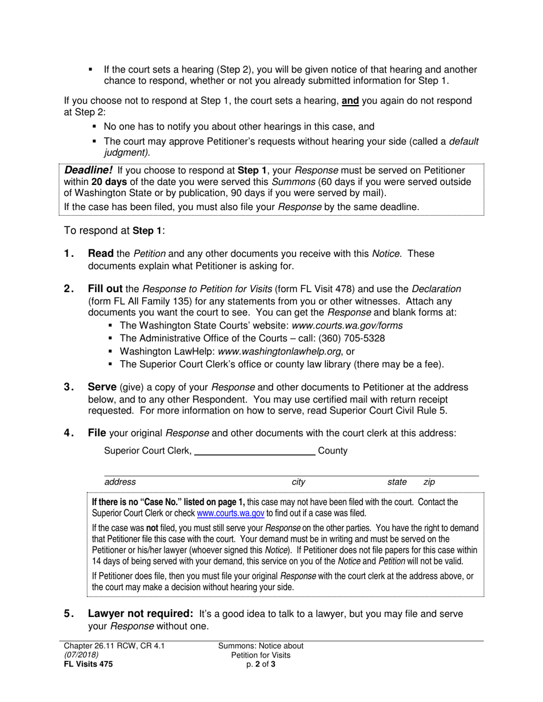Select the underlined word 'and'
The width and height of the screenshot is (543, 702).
350,101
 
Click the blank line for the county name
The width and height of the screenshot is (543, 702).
255,451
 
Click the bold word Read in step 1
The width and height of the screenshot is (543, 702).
101,253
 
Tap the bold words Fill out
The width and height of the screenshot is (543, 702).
105,289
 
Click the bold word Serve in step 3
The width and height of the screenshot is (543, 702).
102,388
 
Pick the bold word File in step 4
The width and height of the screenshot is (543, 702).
97,433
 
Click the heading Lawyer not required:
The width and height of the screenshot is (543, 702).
141,614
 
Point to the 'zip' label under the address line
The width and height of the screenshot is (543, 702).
429,482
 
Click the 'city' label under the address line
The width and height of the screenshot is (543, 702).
298,482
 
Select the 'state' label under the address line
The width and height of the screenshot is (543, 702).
397,482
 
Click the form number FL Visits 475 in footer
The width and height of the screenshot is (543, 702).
88,664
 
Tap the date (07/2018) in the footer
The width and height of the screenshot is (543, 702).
81,655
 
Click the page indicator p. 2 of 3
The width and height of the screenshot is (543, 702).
261,664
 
